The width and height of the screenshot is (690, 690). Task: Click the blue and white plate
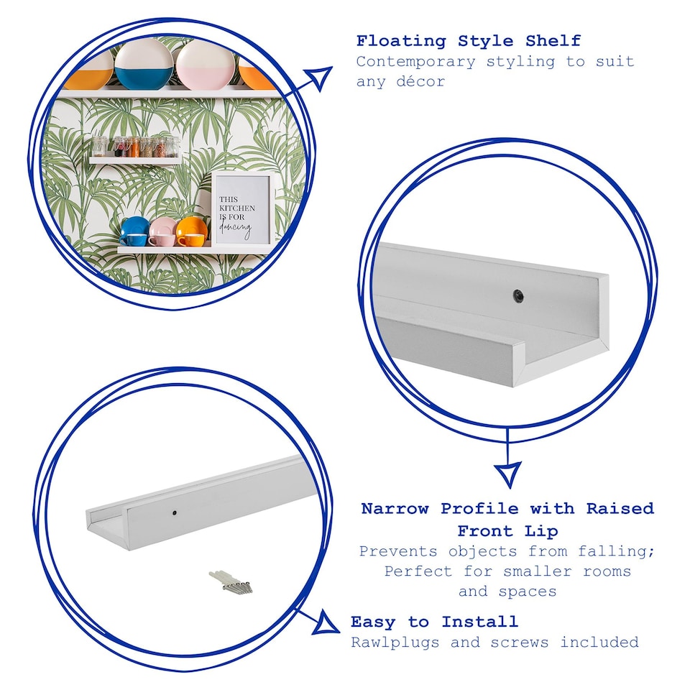point(144,65)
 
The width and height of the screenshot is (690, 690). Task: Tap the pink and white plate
point(205,65)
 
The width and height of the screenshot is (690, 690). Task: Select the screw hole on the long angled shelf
point(176,513)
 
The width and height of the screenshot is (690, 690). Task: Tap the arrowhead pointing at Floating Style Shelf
point(318,77)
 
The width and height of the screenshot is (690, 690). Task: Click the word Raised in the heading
point(620,509)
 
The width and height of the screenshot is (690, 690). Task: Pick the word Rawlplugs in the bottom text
point(395,642)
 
